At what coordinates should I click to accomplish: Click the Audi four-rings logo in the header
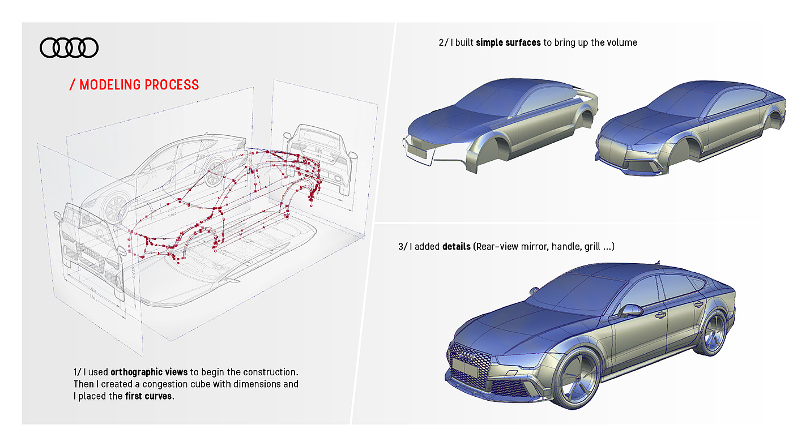(x=69, y=48)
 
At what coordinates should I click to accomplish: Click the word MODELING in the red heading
(x=110, y=85)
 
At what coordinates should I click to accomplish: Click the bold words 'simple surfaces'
(x=508, y=42)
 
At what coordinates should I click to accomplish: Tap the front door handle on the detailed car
(x=660, y=315)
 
